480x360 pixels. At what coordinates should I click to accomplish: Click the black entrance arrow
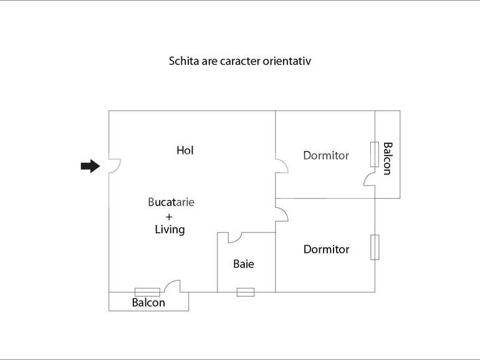point(90,166)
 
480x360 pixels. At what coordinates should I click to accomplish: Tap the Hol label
point(185,150)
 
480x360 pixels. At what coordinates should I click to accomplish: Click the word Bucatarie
point(171,202)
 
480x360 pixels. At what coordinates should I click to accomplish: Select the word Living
point(170,229)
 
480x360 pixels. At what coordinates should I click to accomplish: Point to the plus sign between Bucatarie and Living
point(170,216)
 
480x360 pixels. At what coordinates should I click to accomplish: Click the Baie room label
point(244,264)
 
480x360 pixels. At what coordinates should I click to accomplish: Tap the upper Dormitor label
point(326,155)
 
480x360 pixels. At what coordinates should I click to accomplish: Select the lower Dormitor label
point(326,249)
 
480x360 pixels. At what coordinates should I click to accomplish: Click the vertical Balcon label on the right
point(388,158)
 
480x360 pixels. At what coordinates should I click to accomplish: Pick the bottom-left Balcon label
point(148,303)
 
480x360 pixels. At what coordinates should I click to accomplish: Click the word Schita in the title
point(184,61)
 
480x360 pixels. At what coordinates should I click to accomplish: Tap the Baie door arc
point(234,238)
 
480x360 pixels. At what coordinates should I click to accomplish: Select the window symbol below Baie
point(246,292)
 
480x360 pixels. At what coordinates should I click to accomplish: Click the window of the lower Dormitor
point(375,247)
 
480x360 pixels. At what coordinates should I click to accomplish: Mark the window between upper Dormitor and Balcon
point(375,154)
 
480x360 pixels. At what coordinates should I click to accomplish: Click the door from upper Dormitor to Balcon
point(369,179)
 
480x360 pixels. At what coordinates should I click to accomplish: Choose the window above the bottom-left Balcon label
point(147,292)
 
